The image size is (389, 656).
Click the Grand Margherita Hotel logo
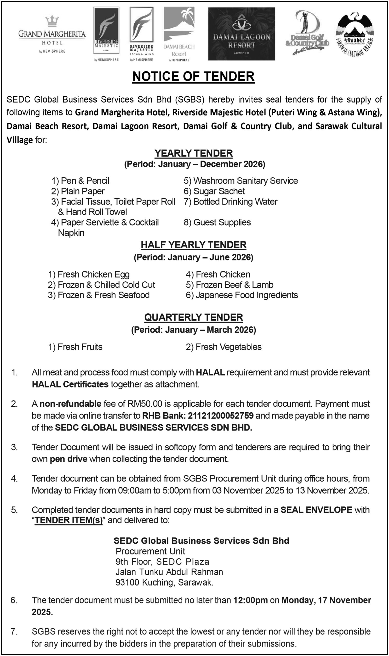tap(52, 34)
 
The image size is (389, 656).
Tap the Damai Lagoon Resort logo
tap(241, 34)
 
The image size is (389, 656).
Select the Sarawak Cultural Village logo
tap(355, 34)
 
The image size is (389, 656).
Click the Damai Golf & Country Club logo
tap(307, 33)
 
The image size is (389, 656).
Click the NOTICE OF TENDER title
tap(193, 76)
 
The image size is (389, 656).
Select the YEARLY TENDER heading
tap(193, 153)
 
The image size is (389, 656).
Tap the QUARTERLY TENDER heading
tap(193, 317)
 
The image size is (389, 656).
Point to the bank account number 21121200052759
tap(221, 416)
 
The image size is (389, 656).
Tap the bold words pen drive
tap(68, 459)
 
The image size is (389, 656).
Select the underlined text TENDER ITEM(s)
tap(69, 520)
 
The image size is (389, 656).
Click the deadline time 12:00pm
tap(250, 600)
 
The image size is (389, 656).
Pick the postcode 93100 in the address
tap(127, 582)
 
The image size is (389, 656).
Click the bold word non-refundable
tap(70, 404)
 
